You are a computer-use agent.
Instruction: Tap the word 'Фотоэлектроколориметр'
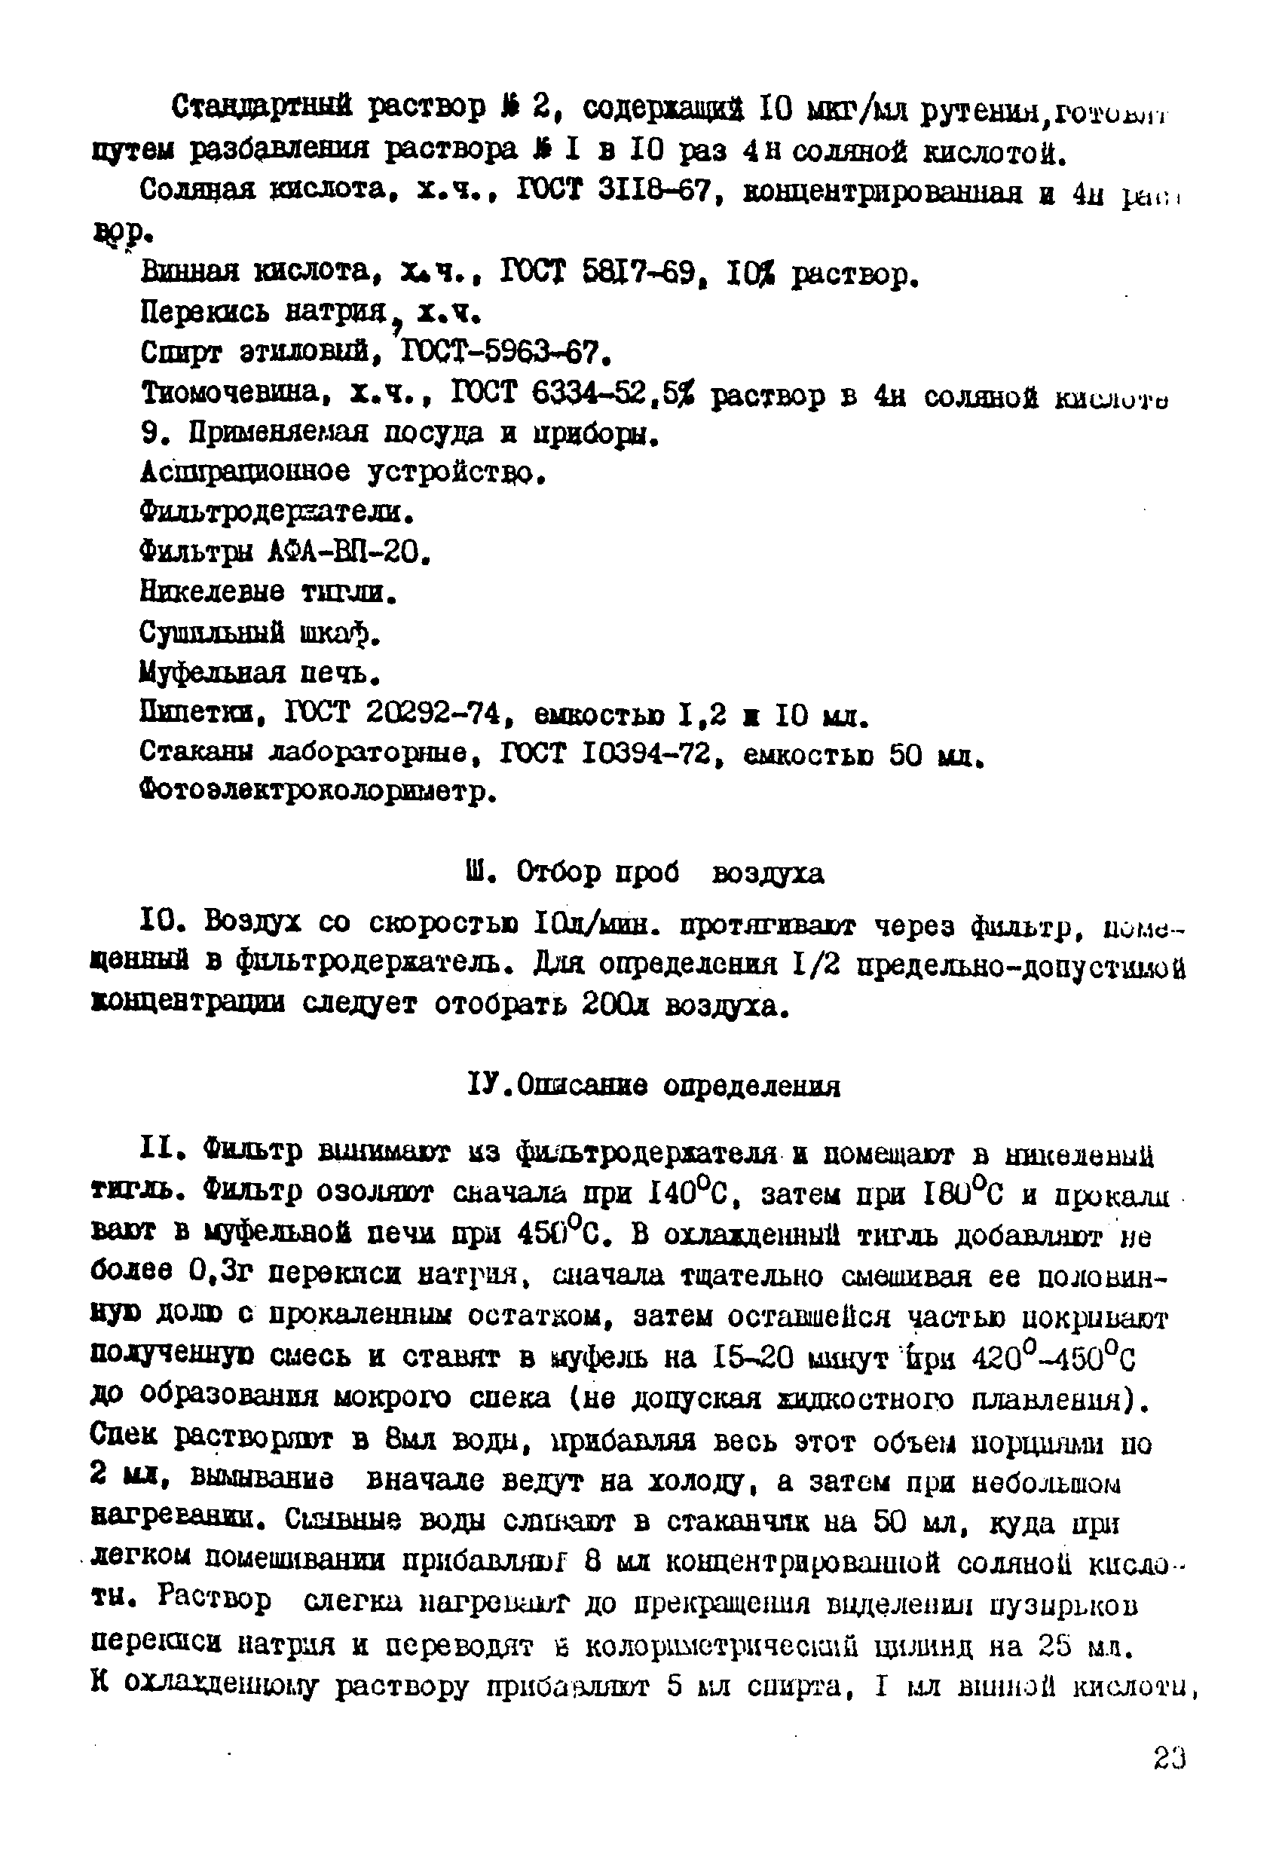pyautogui.click(x=317, y=793)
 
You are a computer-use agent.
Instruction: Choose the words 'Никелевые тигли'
pyautogui.click(x=268, y=592)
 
